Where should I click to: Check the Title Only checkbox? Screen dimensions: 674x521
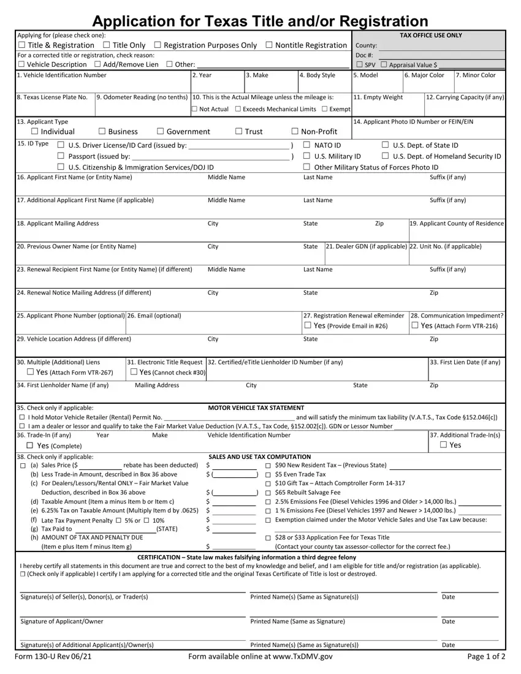107,45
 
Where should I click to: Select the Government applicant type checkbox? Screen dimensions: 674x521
161,132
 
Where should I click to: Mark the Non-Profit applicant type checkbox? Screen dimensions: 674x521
295,132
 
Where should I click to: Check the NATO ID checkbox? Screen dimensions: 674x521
306,145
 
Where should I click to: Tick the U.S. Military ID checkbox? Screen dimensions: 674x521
306,156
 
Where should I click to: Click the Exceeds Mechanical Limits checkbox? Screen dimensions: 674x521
238,109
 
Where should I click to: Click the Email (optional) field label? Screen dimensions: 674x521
154,316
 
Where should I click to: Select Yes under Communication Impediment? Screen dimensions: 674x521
416,326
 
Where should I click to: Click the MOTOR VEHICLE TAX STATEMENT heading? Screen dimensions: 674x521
256,407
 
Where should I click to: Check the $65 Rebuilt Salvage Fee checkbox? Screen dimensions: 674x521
268,492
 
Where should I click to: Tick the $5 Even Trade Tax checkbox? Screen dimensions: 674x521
268,474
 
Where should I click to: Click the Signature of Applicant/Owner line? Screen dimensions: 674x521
132,615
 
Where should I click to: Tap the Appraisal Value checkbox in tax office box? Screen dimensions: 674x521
383,65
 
